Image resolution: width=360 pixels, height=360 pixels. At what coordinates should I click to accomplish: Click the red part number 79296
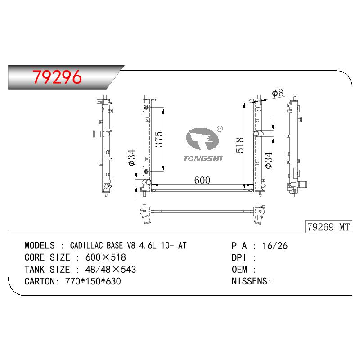tap(57, 77)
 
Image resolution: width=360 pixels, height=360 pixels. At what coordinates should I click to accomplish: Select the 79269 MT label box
tap(328, 227)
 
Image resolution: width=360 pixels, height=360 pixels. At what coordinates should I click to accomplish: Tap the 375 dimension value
tap(159, 139)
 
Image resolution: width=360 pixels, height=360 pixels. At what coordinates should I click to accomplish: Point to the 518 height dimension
tap(239, 145)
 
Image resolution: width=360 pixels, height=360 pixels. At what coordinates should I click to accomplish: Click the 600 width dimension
tap(202, 180)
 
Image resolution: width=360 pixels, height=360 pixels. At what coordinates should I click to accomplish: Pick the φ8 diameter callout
tap(278, 93)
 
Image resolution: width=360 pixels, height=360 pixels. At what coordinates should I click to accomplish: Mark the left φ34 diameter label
tap(132, 157)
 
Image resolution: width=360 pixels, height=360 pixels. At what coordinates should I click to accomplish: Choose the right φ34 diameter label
tap(268, 161)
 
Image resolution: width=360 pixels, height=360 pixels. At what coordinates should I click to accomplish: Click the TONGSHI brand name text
tap(203, 159)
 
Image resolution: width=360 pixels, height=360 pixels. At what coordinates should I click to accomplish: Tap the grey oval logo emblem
tap(202, 139)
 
